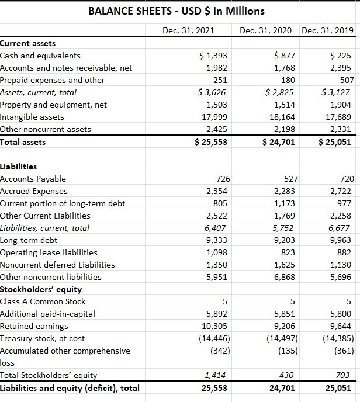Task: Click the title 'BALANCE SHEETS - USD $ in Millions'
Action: [x=176, y=11]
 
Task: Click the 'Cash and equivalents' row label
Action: [x=40, y=56]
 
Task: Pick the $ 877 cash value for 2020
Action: [x=284, y=56]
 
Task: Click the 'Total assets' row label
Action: [x=23, y=141]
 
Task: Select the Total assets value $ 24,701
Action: [x=278, y=141]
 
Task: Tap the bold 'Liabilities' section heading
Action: [x=19, y=167]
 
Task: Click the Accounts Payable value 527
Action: [x=290, y=179]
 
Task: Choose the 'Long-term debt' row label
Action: [x=28, y=240]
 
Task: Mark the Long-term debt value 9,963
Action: [x=341, y=240]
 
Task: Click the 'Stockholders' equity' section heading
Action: [x=41, y=289]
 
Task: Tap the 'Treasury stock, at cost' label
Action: [x=43, y=338]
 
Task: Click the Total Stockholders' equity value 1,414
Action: [x=217, y=375]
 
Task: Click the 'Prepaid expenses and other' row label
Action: [x=53, y=80]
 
